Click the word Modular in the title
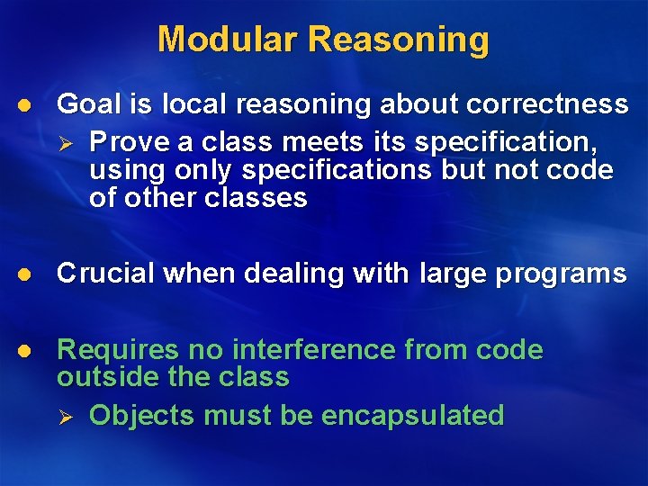coord(227,40)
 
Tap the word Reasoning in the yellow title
coord(399,40)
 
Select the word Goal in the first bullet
coord(88,104)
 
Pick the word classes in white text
coord(261,197)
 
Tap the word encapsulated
coord(412,415)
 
